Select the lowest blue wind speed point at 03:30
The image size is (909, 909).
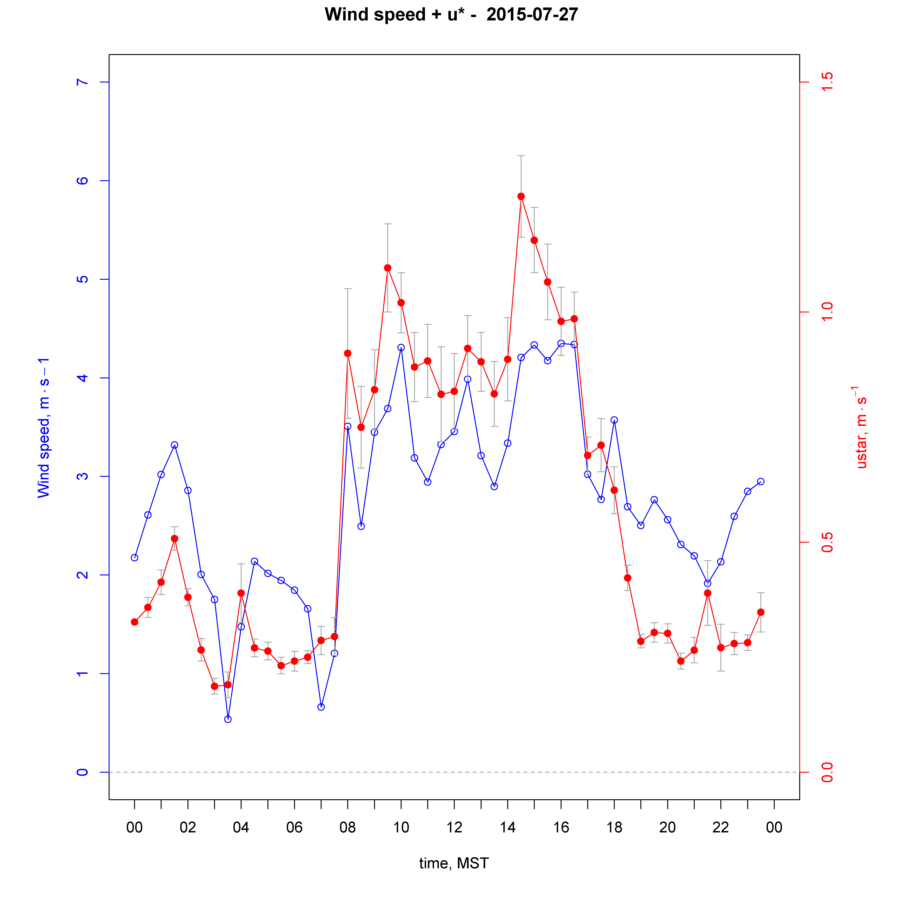228,719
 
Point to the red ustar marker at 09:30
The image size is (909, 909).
388,268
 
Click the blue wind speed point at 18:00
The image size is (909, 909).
614,420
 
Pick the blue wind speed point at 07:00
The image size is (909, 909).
321,707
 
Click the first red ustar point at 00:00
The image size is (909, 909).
135,622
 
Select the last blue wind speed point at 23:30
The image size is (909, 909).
761,481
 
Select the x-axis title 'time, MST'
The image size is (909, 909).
454,863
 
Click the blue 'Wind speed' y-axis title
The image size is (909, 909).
44,427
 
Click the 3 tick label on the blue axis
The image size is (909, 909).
82,476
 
